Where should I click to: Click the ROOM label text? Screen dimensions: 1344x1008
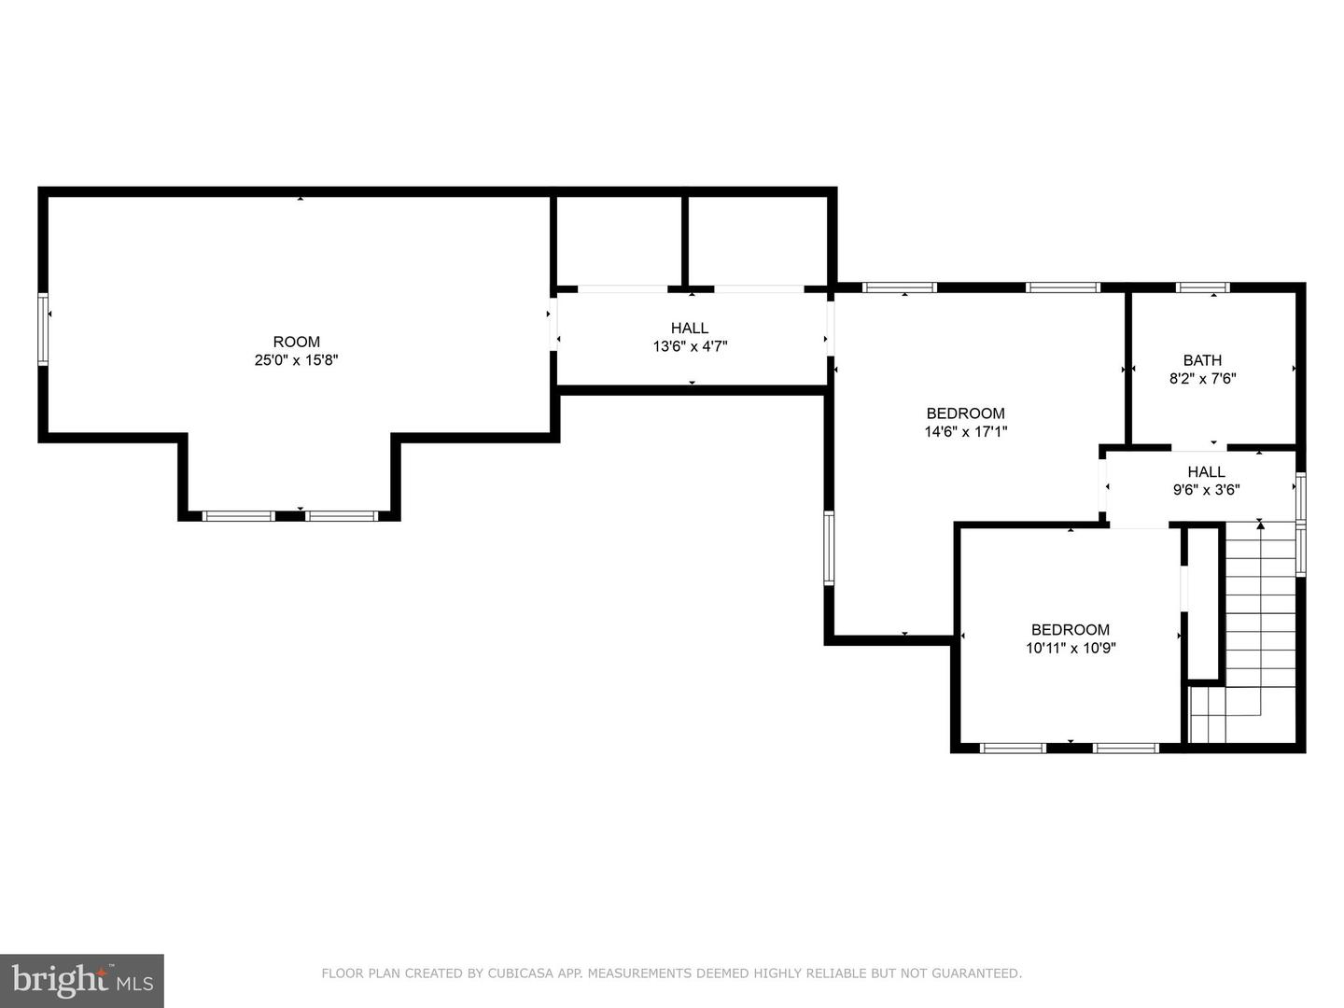tap(297, 342)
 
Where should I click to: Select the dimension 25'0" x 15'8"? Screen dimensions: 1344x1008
tap(297, 360)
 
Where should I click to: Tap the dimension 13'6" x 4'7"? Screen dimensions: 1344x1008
tap(690, 346)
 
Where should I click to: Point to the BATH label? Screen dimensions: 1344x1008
tap(1202, 360)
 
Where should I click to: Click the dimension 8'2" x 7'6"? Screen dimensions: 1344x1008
tap(1202, 378)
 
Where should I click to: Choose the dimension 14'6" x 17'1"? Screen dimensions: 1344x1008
tap(966, 431)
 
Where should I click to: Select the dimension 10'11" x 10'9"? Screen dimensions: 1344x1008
tap(1071, 648)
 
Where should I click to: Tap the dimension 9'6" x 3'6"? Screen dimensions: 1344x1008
tap(1206, 490)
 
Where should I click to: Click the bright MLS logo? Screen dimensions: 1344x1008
tap(82, 980)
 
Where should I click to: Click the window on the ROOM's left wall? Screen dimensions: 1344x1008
tap(43, 329)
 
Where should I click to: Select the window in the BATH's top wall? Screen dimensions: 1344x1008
tap(1202, 287)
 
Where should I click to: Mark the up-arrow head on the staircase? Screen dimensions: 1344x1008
tap(1260, 525)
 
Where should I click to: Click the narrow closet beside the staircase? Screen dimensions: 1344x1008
tap(1203, 603)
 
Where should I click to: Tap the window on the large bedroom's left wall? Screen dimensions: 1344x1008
tap(829, 549)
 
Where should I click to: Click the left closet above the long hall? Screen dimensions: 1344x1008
tap(619, 241)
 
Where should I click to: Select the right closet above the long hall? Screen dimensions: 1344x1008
tap(758, 241)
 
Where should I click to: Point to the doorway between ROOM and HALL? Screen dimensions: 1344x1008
tap(553, 324)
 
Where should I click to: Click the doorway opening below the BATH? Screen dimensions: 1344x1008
tap(1199, 447)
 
